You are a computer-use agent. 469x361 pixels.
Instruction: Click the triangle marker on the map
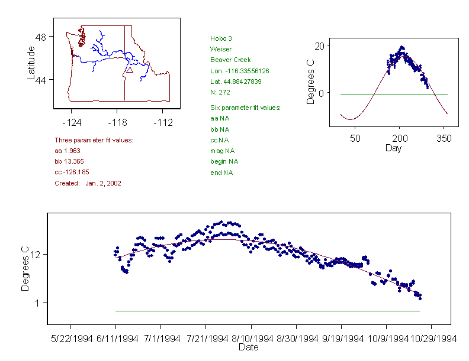click(129, 70)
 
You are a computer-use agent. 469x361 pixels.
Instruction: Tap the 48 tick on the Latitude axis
click(41, 37)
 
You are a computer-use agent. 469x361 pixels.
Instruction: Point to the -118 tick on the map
click(117, 122)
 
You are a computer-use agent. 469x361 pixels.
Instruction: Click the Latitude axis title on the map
click(31, 63)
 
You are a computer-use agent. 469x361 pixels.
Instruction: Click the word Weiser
click(220, 49)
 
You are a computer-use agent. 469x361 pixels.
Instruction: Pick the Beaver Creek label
click(230, 60)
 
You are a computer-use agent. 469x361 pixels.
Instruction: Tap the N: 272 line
click(220, 92)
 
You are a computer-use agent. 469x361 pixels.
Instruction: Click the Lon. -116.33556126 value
click(239, 71)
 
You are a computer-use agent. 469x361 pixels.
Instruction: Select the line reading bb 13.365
click(70, 161)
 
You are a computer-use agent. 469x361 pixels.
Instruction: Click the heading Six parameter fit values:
click(245, 108)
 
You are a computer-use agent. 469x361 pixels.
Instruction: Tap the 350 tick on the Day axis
click(444, 138)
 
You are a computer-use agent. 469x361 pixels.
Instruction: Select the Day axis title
click(393, 148)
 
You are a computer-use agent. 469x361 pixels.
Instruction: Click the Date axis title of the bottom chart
click(248, 347)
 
